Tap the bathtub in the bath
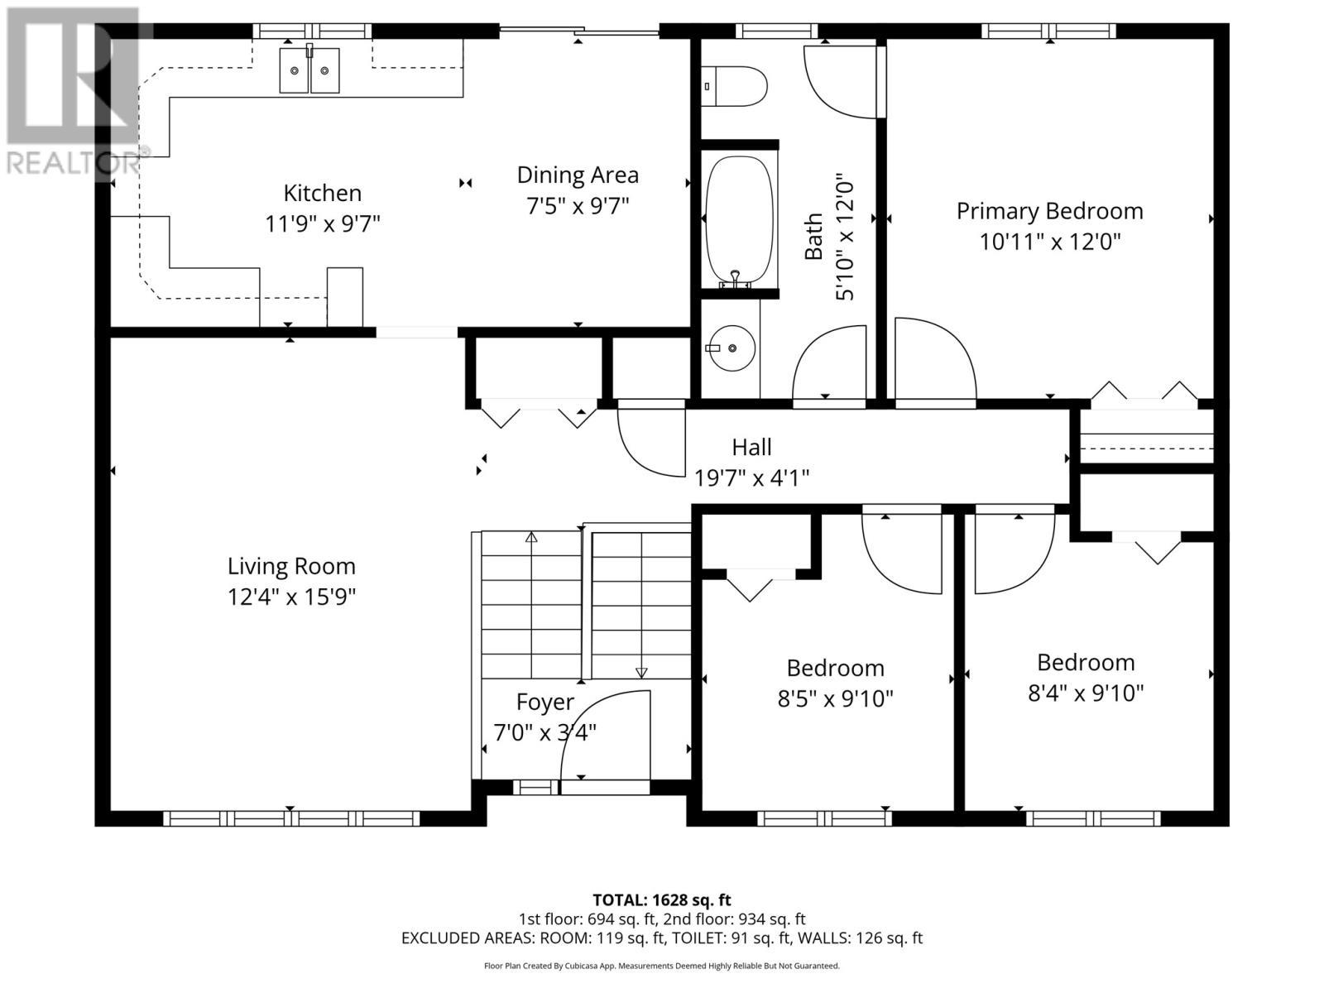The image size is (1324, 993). coord(740,218)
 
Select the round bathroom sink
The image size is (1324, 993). coord(732,348)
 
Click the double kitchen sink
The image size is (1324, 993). coord(309,70)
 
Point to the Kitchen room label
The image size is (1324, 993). coord(322,193)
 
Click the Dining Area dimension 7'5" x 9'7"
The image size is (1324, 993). coord(578,205)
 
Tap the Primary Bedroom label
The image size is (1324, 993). coord(1049,211)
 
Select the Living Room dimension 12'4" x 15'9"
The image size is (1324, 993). coord(291,597)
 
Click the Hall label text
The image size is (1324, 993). coord(751,447)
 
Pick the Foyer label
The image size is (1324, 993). coord(544,702)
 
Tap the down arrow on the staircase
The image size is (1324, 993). coord(641,672)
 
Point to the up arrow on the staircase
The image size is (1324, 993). coord(531,538)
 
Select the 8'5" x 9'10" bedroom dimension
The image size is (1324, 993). coord(835,699)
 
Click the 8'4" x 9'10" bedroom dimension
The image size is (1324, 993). coord(1086,693)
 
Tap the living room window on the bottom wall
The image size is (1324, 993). coord(291,818)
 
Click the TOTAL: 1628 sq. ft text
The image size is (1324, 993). coord(661,899)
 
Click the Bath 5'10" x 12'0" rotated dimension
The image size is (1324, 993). coord(843,237)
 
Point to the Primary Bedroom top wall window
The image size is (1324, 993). coord(1048,31)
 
